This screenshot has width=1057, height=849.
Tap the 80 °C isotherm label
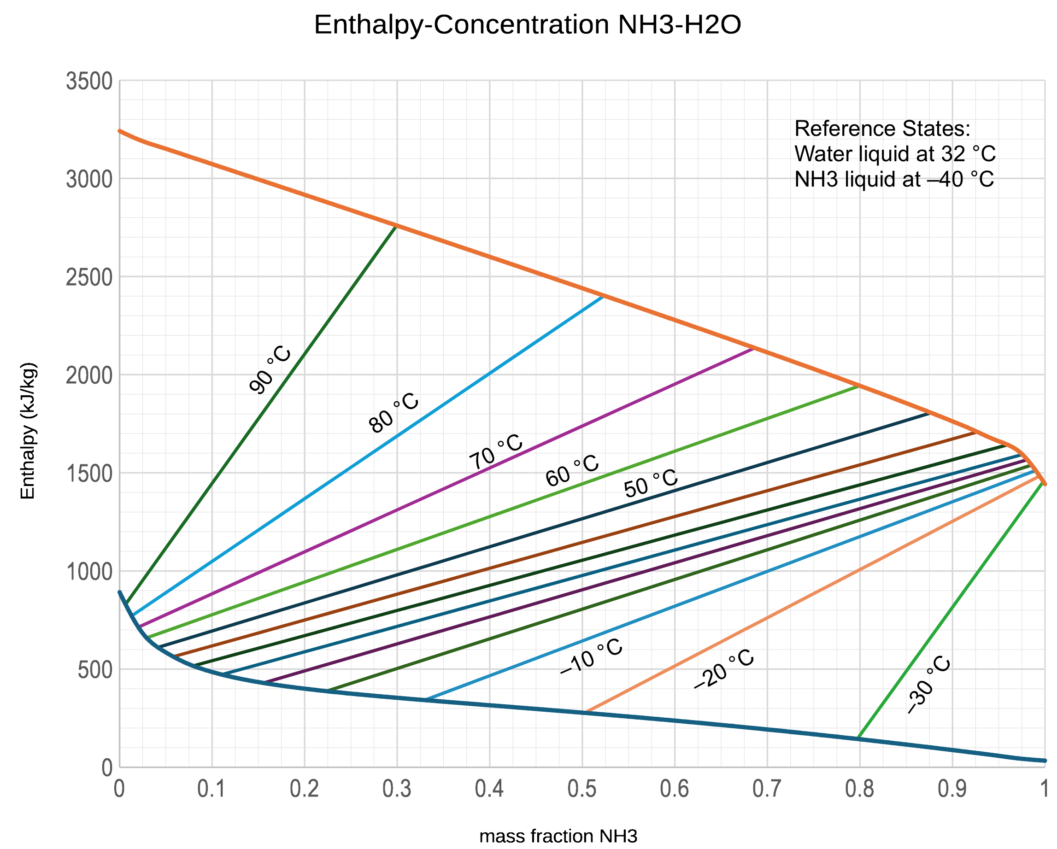[x=393, y=413]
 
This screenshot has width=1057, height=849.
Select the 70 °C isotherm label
[x=496, y=451]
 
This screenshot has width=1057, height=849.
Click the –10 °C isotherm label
[x=591, y=656]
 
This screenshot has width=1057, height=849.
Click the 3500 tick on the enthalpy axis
[x=90, y=81]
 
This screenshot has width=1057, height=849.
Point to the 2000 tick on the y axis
[x=90, y=375]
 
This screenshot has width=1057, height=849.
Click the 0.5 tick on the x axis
[x=582, y=789]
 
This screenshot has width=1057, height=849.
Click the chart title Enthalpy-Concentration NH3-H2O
[x=528, y=24]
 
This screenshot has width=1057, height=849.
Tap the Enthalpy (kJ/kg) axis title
[x=28, y=430]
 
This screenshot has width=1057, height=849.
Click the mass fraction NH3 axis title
[x=558, y=836]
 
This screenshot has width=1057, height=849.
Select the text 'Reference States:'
[x=882, y=129]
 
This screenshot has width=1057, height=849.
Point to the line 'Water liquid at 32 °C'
[x=895, y=154]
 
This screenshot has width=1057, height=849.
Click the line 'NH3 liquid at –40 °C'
[x=894, y=179]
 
